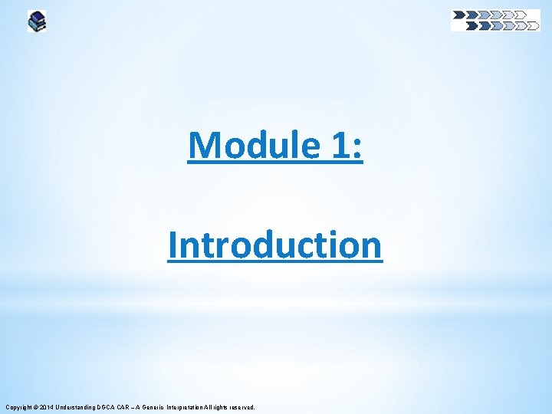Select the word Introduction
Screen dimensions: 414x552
(275, 245)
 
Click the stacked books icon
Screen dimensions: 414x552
(37, 21)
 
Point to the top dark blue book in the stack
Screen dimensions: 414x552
(36, 15)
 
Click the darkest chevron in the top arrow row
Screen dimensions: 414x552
(459, 14)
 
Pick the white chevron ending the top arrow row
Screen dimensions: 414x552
(521, 14)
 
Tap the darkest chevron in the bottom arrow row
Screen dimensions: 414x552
(472, 25)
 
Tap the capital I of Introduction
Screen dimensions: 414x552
(172, 245)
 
